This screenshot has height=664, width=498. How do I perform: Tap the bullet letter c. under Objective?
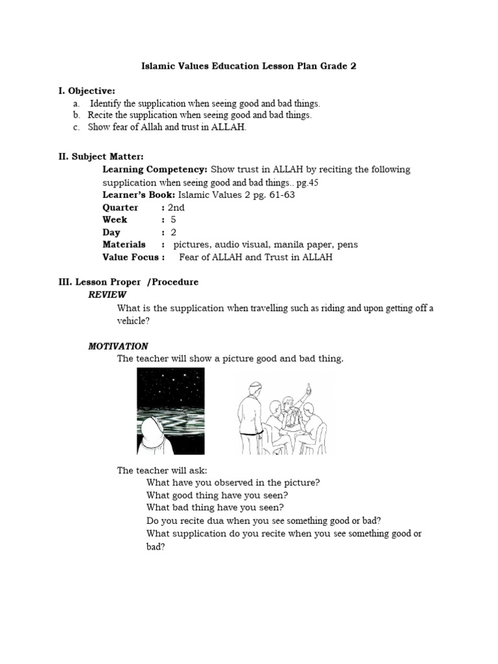point(76,127)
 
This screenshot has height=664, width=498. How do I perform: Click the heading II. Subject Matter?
point(101,157)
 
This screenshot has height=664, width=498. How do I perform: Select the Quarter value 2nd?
point(176,207)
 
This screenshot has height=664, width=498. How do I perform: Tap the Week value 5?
point(173,220)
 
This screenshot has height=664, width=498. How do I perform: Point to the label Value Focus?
point(132,257)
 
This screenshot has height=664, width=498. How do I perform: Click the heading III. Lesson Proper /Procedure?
point(128,282)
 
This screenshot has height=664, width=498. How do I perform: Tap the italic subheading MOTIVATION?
point(118,346)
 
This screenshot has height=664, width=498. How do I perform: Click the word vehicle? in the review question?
point(133,320)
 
